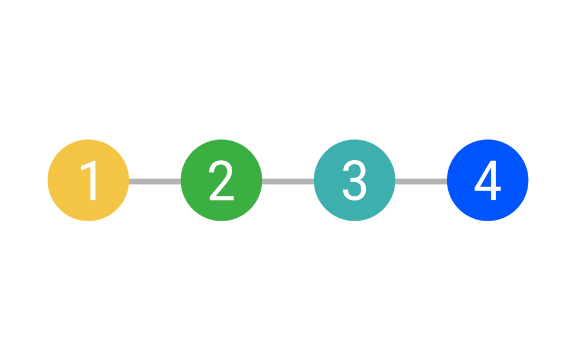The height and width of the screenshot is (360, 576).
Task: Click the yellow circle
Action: click(88, 180)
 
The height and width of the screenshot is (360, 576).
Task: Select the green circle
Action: click(221, 180)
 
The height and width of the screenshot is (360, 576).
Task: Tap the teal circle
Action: click(354, 180)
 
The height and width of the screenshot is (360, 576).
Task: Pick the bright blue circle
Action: click(487, 180)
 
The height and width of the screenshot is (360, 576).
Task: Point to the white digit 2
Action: click(221, 180)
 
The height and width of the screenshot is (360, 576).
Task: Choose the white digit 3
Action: click(354, 180)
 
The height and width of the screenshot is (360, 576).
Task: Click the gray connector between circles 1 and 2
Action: click(154, 181)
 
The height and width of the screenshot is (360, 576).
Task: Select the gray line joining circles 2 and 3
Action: click(288, 181)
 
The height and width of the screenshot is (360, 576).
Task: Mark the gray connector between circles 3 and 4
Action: click(421, 181)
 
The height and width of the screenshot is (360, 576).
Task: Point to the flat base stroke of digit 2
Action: click(222, 198)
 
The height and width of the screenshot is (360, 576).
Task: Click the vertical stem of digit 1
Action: click(93, 181)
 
